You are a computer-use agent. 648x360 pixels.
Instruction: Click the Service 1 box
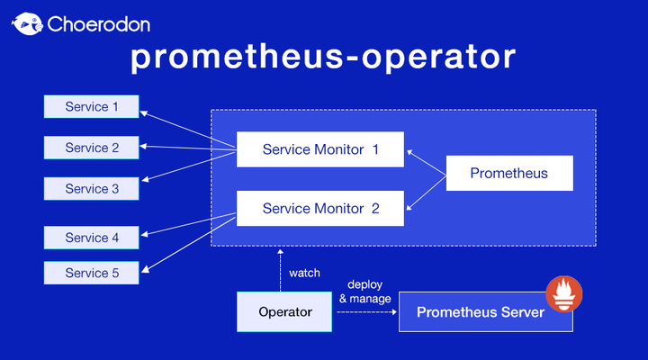(x=92, y=107)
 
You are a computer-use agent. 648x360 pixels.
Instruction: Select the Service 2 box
(x=92, y=148)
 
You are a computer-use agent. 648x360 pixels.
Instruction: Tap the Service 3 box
(x=92, y=189)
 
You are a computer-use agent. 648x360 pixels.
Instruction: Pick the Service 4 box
(x=92, y=238)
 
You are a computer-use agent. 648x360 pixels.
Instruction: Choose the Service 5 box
(x=92, y=273)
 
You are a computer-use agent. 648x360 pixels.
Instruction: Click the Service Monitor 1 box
(x=320, y=149)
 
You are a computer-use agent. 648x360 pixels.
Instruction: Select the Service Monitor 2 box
(x=320, y=208)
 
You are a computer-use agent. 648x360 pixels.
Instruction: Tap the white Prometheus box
(x=509, y=173)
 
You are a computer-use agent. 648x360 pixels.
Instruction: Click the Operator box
(x=285, y=311)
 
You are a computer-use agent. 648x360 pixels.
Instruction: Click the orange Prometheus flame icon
(x=564, y=294)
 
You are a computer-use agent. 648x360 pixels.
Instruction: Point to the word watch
(x=304, y=273)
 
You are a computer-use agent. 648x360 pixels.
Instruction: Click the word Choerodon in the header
(x=98, y=23)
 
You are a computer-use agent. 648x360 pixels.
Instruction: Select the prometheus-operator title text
(x=323, y=58)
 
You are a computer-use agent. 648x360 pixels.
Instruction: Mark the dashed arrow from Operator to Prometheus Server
(x=367, y=312)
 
